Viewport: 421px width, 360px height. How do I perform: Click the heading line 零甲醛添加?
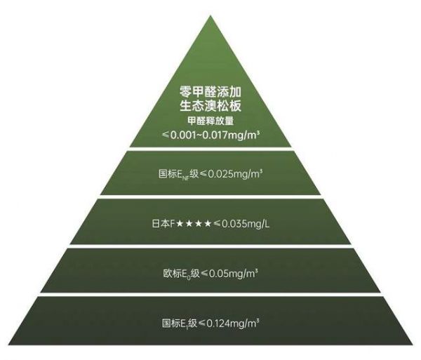click(x=210, y=92)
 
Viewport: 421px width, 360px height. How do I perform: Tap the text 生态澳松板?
click(x=210, y=106)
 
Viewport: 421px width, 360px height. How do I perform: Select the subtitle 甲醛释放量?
click(x=210, y=121)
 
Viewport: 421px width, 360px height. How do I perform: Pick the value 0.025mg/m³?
click(x=235, y=174)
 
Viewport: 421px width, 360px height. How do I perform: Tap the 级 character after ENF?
click(x=194, y=174)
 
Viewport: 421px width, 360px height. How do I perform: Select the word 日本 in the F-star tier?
click(x=161, y=223)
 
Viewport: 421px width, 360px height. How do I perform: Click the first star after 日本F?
click(x=180, y=223)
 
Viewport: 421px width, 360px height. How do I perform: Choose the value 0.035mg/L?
click(x=246, y=224)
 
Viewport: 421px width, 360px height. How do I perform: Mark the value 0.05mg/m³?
click(x=234, y=274)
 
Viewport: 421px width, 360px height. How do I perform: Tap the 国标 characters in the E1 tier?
click(x=171, y=323)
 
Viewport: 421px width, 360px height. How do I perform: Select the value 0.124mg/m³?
click(x=232, y=324)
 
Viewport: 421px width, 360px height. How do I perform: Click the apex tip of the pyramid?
click(x=210, y=15)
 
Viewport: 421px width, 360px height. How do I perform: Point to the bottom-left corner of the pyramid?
click(x=8, y=345)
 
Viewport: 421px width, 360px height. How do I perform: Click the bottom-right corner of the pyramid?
click(x=413, y=345)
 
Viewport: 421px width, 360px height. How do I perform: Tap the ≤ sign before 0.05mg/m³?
click(x=204, y=274)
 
